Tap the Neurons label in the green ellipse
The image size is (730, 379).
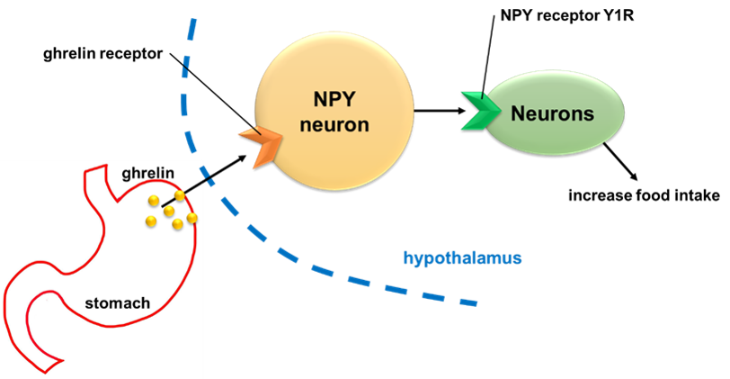click(x=553, y=114)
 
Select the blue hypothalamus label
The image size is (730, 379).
click(x=462, y=258)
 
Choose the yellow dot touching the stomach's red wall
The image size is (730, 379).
click(x=191, y=217)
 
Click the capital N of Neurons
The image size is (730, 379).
click(x=517, y=114)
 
